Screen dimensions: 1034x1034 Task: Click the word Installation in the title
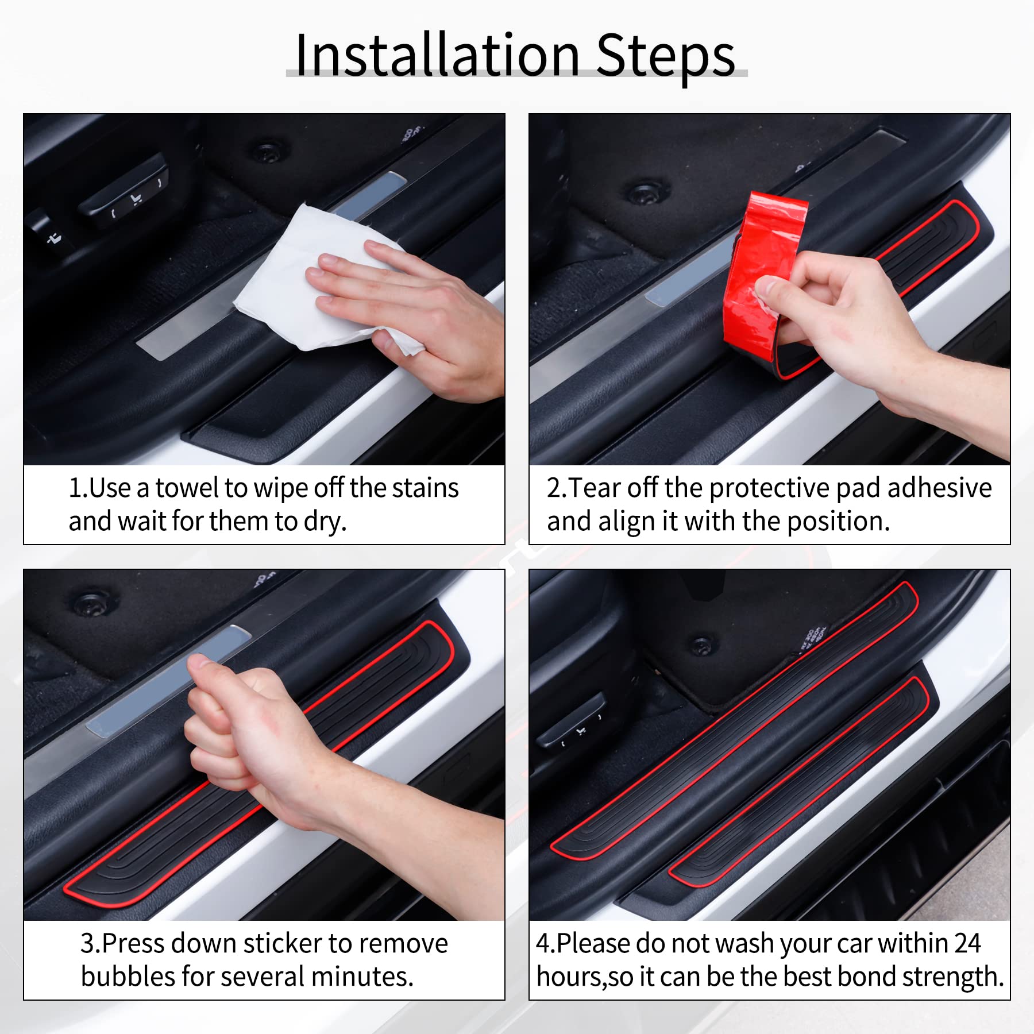coord(437,56)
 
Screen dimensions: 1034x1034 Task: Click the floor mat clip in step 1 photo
coord(266,152)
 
